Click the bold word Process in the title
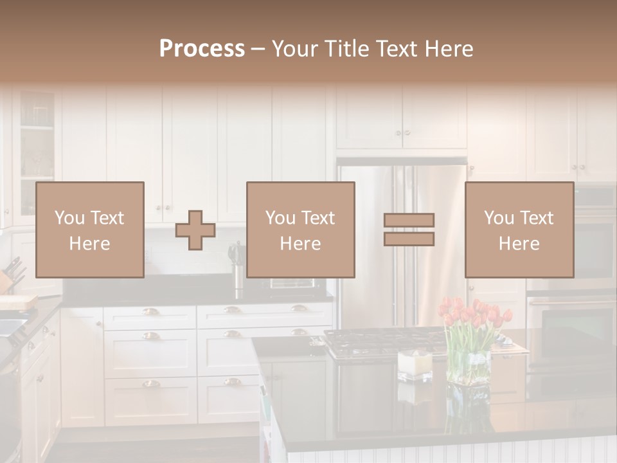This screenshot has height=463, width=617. (x=202, y=48)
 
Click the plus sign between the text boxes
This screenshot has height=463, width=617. (x=195, y=230)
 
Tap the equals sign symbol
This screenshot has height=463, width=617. (x=409, y=230)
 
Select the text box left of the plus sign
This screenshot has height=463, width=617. (x=90, y=230)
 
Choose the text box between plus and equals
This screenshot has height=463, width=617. (x=300, y=230)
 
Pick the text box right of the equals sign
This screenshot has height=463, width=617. (x=519, y=230)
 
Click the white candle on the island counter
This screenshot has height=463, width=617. (x=414, y=363)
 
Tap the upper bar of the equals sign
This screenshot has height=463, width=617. (x=409, y=220)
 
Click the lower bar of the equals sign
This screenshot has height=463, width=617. (x=409, y=239)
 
